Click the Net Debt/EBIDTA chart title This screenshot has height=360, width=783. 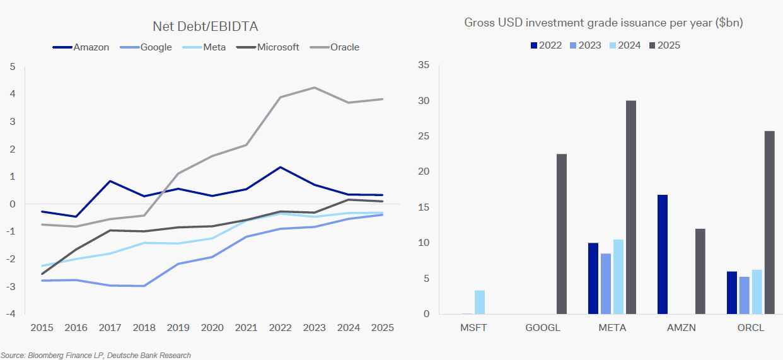pyautogui.click(x=206, y=26)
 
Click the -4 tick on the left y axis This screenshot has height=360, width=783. pyautogui.click(x=11, y=314)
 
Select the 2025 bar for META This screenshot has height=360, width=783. pyautogui.click(x=630, y=207)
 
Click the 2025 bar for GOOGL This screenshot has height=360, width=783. pyautogui.click(x=561, y=234)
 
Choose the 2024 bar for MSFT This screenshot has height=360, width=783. pyautogui.click(x=480, y=302)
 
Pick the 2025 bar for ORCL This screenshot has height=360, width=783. pyautogui.click(x=769, y=222)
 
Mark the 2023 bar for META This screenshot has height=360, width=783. pyautogui.click(x=606, y=284)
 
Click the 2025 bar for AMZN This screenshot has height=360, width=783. pyautogui.click(x=700, y=271)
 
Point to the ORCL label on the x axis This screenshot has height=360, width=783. pyautogui.click(x=750, y=328)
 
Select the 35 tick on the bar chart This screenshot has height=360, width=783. pyautogui.click(x=423, y=66)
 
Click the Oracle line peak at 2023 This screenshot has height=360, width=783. pyautogui.click(x=315, y=88)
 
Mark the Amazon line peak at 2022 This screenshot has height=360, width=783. pyautogui.click(x=280, y=167)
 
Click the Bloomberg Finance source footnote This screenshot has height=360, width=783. pyautogui.click(x=96, y=356)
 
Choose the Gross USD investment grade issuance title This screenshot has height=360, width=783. pyautogui.click(x=603, y=23)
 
